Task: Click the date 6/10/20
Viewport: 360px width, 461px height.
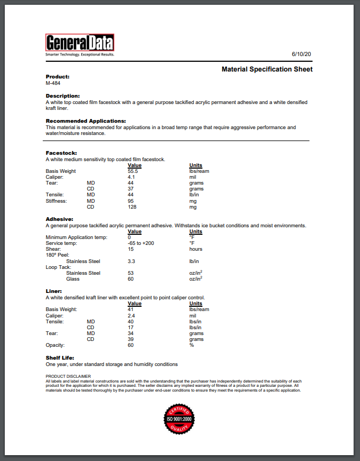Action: pyautogui.click(x=301, y=54)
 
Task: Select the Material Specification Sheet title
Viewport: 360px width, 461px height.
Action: pyautogui.click(x=267, y=69)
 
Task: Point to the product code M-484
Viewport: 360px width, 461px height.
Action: pyautogui.click(x=53, y=83)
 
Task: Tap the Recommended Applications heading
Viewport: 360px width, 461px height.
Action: pyautogui.click(x=85, y=121)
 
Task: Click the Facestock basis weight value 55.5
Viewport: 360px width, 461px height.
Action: pyautogui.click(x=133, y=171)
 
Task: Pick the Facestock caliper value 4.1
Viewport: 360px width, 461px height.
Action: pyautogui.click(x=131, y=177)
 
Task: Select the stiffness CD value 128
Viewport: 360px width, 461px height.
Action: pyautogui.click(x=132, y=206)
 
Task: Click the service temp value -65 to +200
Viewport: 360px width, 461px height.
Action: pyautogui.click(x=141, y=243)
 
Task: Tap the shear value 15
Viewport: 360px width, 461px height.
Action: pyautogui.click(x=131, y=249)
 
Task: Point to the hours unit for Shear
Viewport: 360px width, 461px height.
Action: pyautogui.click(x=196, y=249)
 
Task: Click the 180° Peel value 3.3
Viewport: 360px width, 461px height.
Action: pyautogui.click(x=131, y=261)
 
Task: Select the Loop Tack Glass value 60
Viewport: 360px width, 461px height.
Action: pyautogui.click(x=131, y=279)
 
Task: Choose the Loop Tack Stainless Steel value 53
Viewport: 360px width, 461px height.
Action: pyautogui.click(x=131, y=273)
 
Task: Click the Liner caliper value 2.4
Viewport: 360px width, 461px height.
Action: pyautogui.click(x=131, y=316)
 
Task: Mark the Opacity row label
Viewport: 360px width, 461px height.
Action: pyautogui.click(x=55, y=345)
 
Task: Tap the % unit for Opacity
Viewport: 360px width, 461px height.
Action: pyautogui.click(x=192, y=345)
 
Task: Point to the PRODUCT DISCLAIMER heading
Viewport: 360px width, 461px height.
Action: pyautogui.click(x=65, y=377)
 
